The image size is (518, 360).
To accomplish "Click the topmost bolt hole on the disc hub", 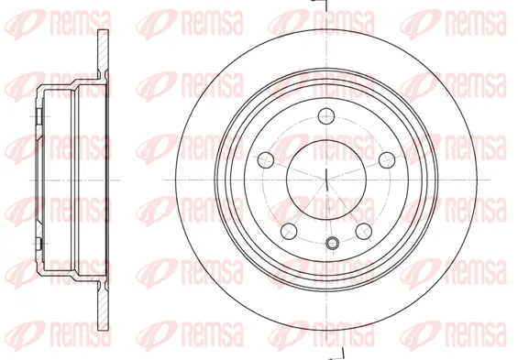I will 326,115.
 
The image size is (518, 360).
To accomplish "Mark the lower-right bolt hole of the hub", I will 362,229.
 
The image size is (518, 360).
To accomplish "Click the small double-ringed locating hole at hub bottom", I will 333,243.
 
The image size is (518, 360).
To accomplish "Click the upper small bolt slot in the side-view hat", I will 39,117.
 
